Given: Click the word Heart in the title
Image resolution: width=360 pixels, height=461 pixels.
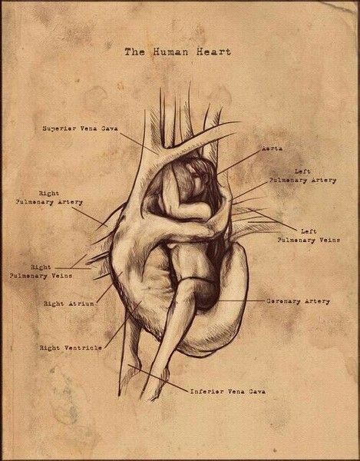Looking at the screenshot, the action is (x=213, y=52).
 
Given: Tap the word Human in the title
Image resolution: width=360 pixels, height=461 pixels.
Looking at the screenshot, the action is (x=170, y=52).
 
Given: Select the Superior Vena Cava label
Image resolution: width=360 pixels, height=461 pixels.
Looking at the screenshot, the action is (x=80, y=128).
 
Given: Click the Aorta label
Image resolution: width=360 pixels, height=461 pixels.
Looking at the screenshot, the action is (x=272, y=149).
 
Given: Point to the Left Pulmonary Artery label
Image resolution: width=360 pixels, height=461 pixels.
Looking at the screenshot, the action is (x=302, y=176).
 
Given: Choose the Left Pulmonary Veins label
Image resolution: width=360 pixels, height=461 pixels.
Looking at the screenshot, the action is (x=309, y=236).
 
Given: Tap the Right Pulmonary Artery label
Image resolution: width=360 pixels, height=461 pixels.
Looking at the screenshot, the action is (x=49, y=198).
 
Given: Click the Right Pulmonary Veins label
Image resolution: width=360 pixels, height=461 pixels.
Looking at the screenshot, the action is (x=41, y=272).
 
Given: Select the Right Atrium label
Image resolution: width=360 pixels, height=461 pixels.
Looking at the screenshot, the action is (x=69, y=303).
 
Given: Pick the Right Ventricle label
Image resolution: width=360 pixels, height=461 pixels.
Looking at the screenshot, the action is (x=71, y=348).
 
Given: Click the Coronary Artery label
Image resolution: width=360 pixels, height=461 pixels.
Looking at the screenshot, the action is (x=298, y=301).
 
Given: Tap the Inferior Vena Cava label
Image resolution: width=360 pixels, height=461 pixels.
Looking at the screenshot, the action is (x=228, y=391).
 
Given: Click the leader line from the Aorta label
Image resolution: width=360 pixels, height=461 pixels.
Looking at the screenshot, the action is (x=239, y=163).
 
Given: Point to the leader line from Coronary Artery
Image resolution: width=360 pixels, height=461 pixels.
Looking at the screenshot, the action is (x=241, y=300).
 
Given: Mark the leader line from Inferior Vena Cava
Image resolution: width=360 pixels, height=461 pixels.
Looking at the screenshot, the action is (x=157, y=378).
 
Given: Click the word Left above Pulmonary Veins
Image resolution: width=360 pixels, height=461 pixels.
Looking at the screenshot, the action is (x=309, y=232).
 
